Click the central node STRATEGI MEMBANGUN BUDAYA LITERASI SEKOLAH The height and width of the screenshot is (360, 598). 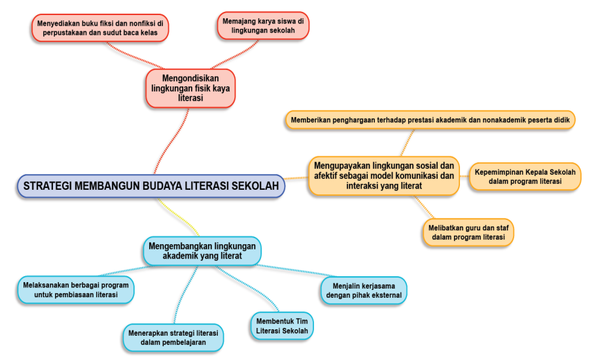[x=150, y=186]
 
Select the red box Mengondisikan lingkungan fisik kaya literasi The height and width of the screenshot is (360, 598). [x=190, y=88]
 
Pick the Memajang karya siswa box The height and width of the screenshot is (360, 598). [x=263, y=26]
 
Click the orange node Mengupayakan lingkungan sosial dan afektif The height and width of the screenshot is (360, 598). [x=383, y=175]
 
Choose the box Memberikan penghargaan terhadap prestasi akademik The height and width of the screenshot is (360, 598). [x=430, y=120]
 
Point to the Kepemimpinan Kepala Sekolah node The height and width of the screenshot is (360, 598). [x=525, y=176]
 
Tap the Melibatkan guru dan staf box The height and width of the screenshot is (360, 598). [x=468, y=232]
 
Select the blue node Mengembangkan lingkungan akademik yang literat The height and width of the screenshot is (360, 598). [x=202, y=251]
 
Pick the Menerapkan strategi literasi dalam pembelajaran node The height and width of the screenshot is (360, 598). [x=173, y=337]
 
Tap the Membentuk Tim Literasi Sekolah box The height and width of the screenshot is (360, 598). [x=282, y=326]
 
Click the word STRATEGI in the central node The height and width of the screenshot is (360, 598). [x=47, y=186]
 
